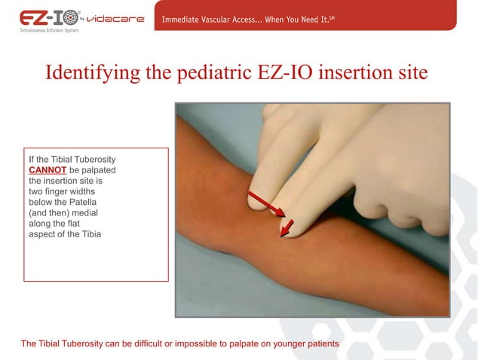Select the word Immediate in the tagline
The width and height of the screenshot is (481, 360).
click(185, 19)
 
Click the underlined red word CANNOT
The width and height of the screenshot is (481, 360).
click(47, 170)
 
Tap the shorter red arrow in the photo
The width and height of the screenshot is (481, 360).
click(286, 227)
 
